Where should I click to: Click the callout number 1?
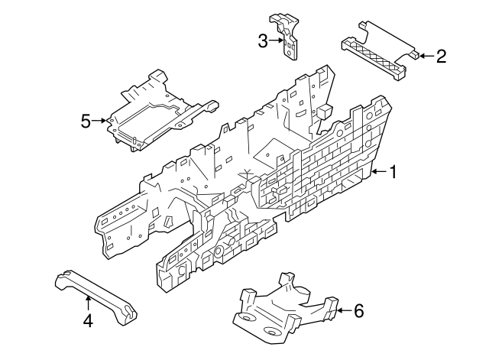[393, 173]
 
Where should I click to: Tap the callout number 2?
[440, 55]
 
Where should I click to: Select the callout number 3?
[263, 41]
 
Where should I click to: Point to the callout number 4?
[88, 322]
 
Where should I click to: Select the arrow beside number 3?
[278, 41]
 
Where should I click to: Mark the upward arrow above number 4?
[88, 303]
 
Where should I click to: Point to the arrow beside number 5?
[102, 120]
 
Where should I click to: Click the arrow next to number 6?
[343, 310]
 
